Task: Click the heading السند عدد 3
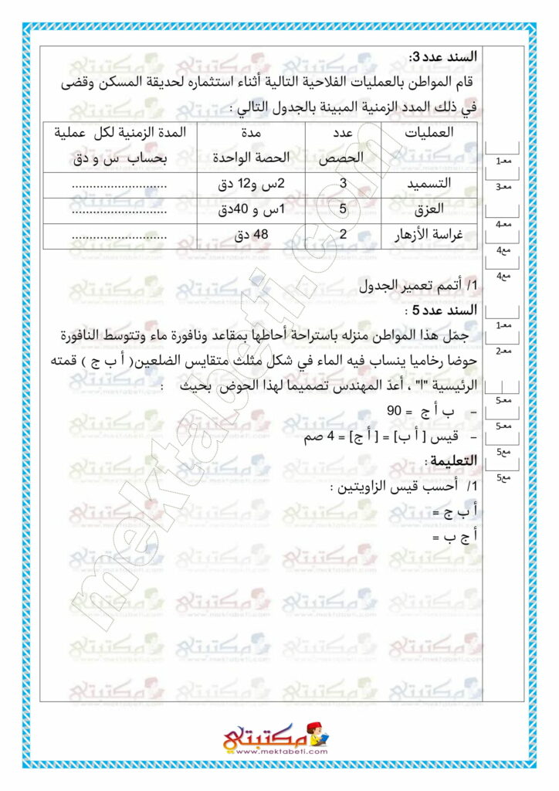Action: (442, 56)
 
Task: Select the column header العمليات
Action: (429, 132)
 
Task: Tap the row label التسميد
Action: (434, 184)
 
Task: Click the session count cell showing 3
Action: (343, 184)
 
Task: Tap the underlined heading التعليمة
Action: (452, 461)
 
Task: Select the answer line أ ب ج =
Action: (455, 511)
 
